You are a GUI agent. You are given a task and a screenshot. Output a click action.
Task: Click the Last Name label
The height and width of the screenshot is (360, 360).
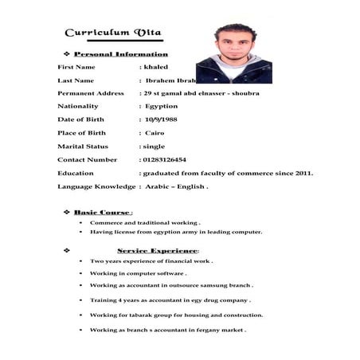click(76, 80)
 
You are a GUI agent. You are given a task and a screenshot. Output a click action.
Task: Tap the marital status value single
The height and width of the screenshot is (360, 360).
click(153, 147)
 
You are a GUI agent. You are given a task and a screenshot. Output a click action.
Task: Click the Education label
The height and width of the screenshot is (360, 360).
click(76, 173)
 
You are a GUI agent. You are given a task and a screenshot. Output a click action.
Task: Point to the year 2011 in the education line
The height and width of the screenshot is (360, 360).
click(303, 173)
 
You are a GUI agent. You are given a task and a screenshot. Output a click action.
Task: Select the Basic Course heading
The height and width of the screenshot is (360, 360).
click(102, 213)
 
